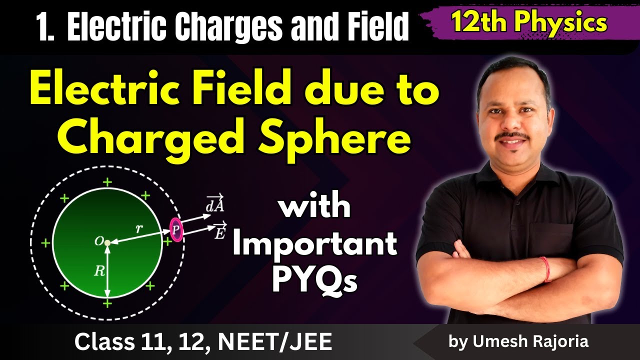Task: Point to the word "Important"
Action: click(x=315, y=244)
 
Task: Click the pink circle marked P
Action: click(x=175, y=229)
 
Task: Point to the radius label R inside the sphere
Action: click(x=99, y=271)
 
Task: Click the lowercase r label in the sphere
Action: click(x=139, y=228)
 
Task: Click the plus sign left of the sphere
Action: click(x=45, y=243)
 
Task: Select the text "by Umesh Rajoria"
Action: click(x=518, y=341)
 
